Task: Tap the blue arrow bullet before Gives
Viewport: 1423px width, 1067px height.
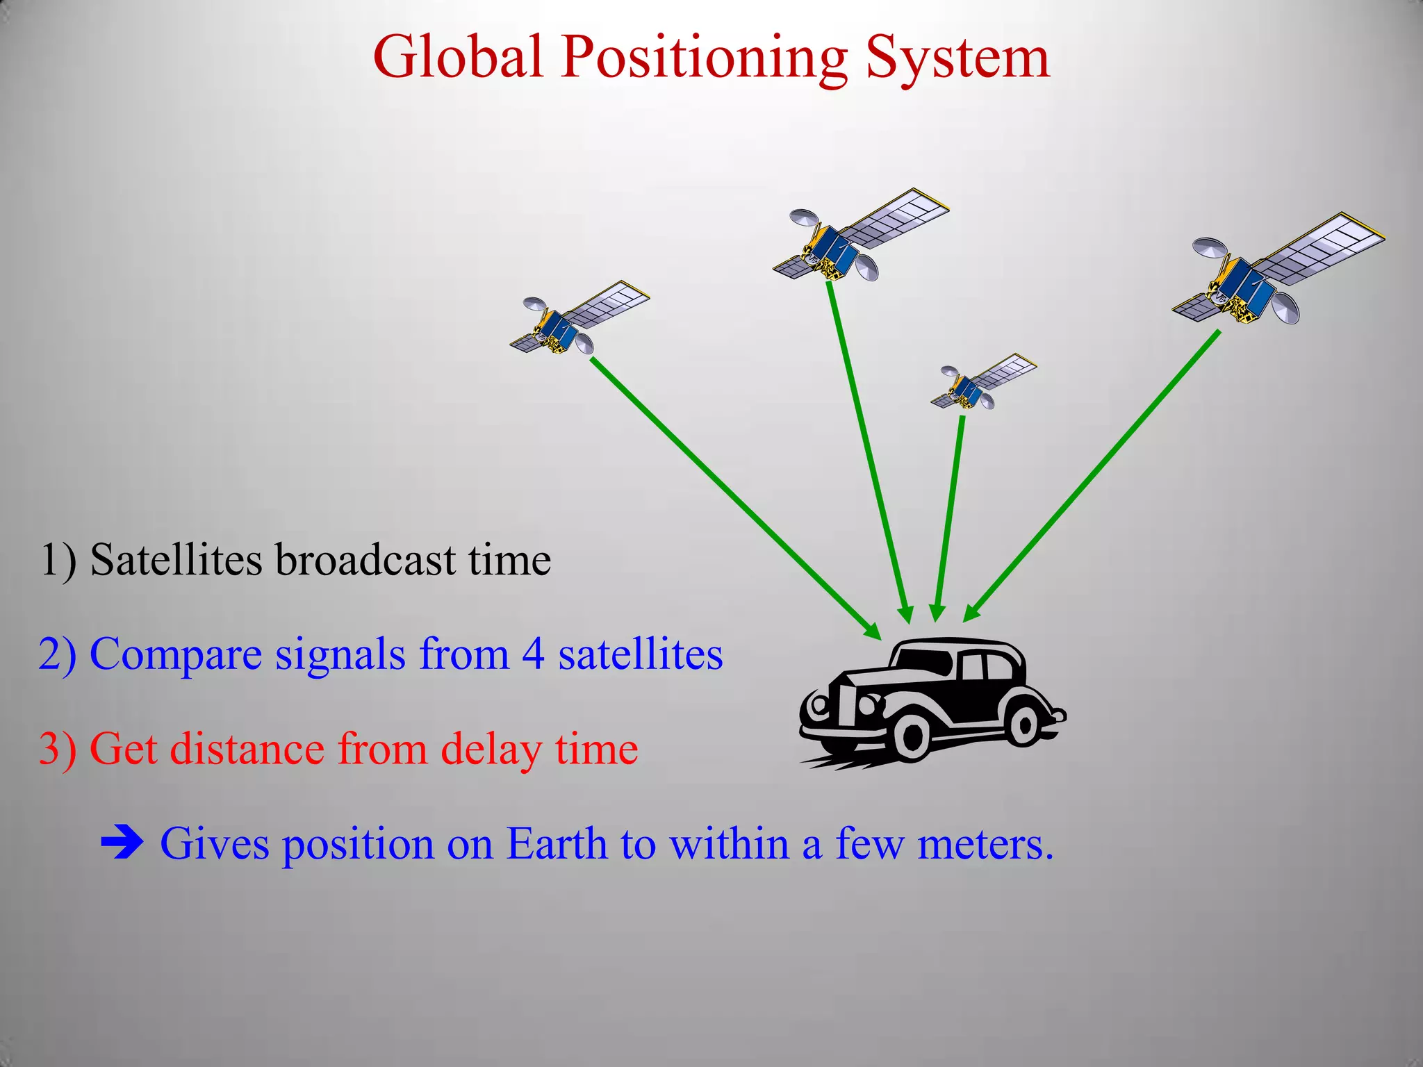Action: point(122,843)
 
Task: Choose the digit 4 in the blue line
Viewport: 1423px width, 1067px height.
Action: point(533,654)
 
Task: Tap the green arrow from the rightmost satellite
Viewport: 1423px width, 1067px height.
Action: point(1091,476)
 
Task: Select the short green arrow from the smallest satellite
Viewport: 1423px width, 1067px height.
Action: point(949,514)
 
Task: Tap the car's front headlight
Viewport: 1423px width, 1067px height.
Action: point(819,704)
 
